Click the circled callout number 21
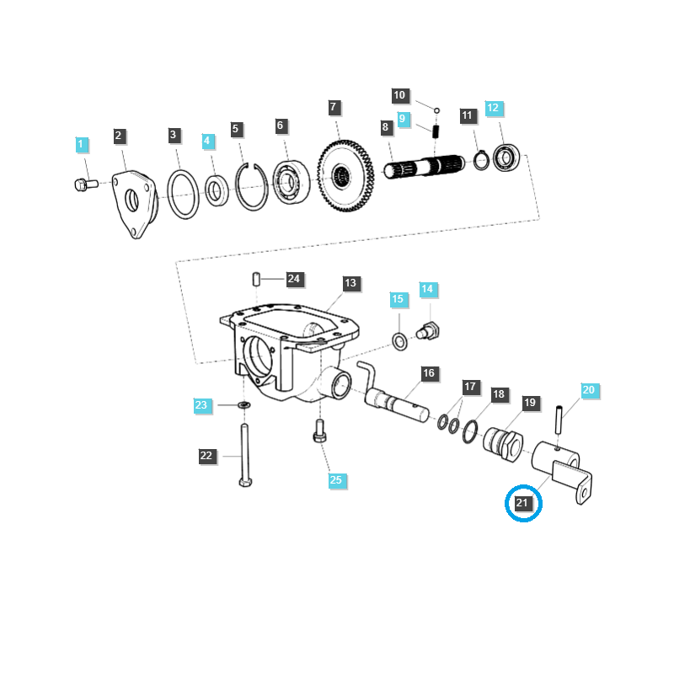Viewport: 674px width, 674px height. tap(522, 504)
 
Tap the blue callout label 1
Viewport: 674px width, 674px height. tap(81, 145)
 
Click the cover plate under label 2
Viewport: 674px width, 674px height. tap(135, 202)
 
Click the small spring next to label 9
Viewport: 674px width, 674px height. tap(437, 131)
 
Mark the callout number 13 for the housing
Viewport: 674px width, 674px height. tap(350, 283)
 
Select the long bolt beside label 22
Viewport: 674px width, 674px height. tap(244, 455)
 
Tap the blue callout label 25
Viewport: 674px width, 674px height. tap(336, 480)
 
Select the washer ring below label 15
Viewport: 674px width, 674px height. tap(399, 341)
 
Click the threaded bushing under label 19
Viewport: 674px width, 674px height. tap(504, 440)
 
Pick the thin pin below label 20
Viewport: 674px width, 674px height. tap(559, 418)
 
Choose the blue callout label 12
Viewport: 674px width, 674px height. tap(493, 108)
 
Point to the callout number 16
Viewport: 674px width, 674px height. tap(428, 373)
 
